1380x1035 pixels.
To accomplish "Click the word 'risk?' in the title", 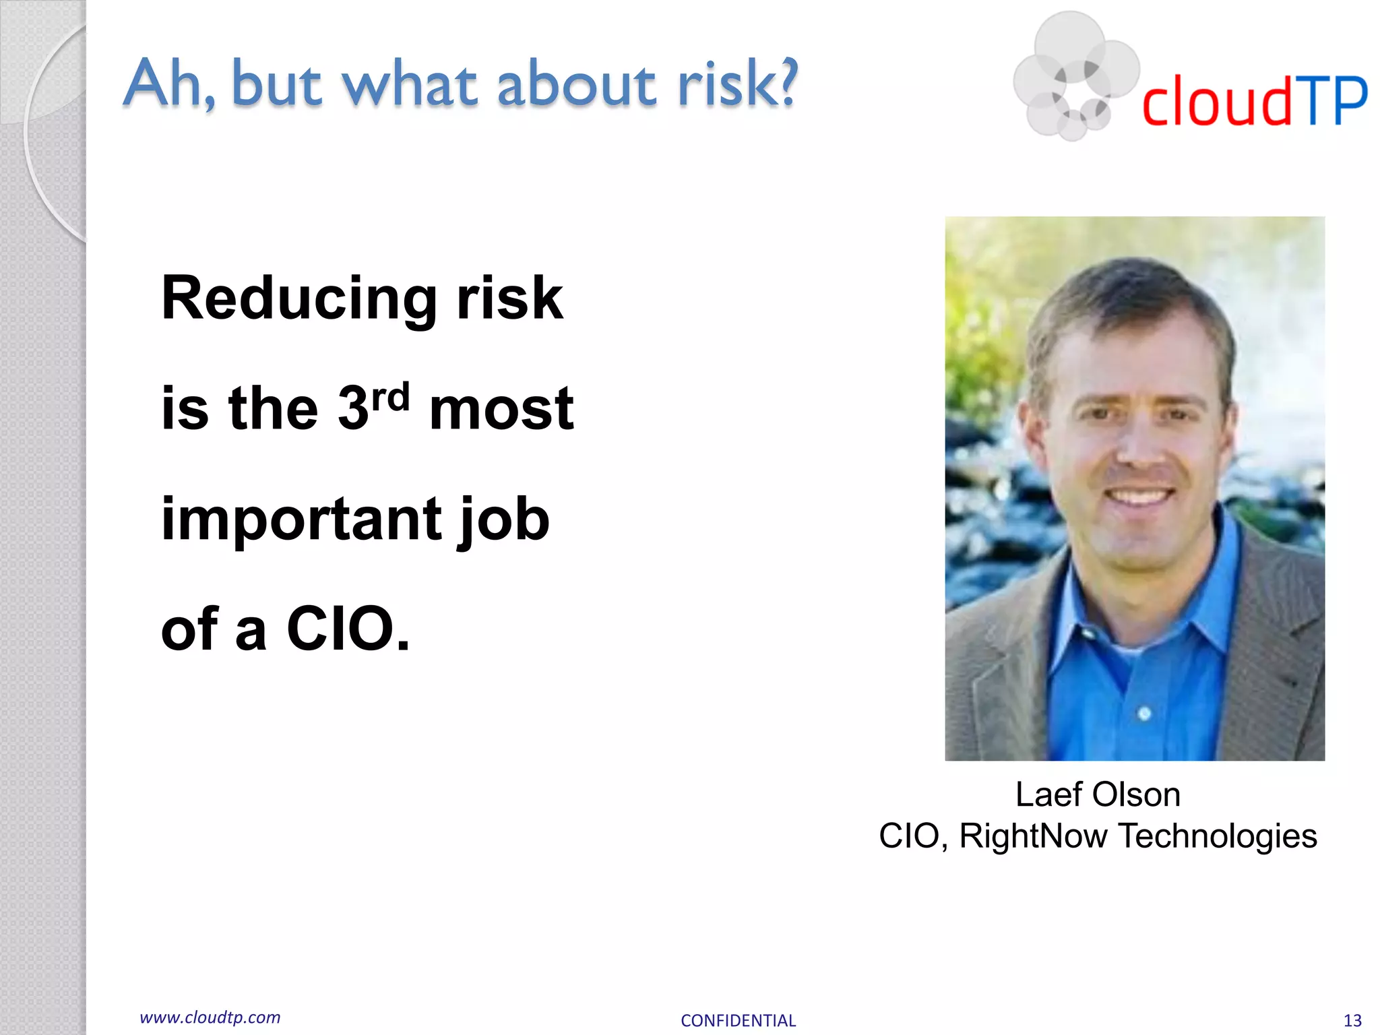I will tap(737, 84).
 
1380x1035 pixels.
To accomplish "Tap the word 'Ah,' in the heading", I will tap(168, 84).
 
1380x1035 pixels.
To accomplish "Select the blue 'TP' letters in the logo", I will tap(1334, 101).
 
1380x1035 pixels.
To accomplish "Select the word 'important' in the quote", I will tap(300, 519).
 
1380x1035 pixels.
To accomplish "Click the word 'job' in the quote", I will tap(504, 519).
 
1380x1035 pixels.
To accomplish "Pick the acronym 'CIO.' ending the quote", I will tap(348, 629).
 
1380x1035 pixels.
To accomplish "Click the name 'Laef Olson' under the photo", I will tap(1098, 794).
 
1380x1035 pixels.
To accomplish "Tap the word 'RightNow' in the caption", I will tap(1032, 836).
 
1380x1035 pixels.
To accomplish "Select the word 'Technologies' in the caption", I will tap(1217, 836).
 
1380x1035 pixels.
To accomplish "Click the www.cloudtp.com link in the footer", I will tap(210, 1017).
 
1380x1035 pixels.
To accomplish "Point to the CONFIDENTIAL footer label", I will tap(738, 1020).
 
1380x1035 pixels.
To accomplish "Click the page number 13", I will tap(1352, 1020).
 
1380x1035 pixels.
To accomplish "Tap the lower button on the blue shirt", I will tap(1144, 713).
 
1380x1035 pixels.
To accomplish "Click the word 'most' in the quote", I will tap(501, 409).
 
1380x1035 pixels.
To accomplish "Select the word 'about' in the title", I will tap(577, 84).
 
